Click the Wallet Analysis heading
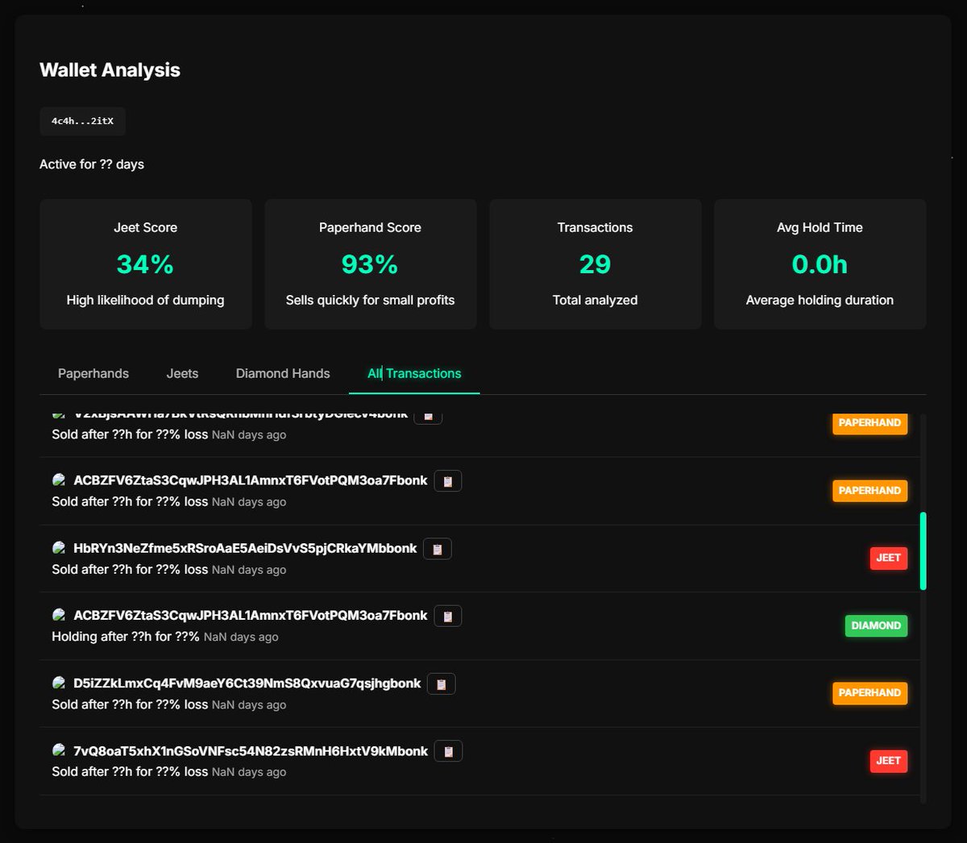click(110, 70)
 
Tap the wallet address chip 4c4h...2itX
click(82, 121)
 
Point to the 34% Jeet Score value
click(145, 264)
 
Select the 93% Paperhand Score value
click(370, 264)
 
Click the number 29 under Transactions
click(595, 264)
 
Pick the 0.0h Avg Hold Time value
click(820, 264)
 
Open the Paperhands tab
click(93, 373)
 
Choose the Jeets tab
click(182, 373)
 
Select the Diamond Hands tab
click(283, 373)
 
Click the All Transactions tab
click(414, 373)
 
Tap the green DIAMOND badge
click(876, 625)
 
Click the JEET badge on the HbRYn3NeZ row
click(888, 558)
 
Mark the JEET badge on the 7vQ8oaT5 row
click(888, 761)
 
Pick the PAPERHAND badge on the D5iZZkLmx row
click(869, 693)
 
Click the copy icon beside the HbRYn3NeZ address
click(438, 549)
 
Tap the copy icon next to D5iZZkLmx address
click(441, 684)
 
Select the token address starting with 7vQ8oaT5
click(251, 751)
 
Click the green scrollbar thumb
click(923, 550)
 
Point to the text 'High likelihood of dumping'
click(145, 300)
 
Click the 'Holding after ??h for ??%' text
click(126, 637)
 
